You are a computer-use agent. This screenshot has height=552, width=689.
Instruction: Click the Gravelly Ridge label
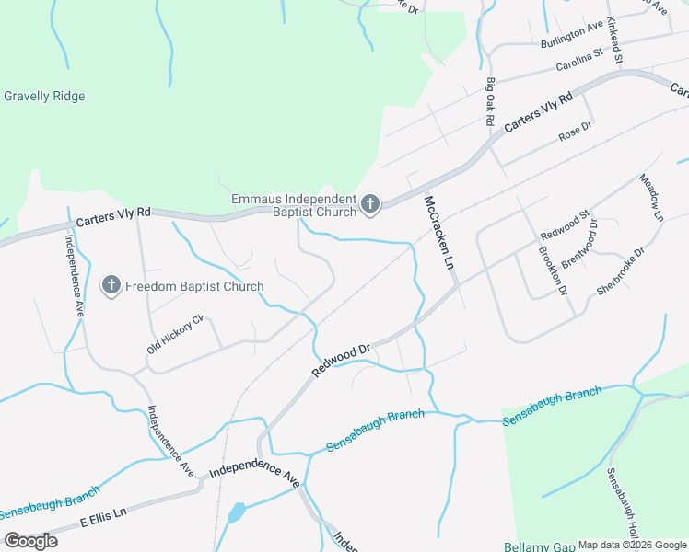pyautogui.click(x=44, y=97)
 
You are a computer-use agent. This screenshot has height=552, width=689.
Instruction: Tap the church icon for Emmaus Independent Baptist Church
pyautogui.click(x=370, y=204)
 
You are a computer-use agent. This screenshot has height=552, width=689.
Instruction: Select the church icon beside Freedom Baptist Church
pyautogui.click(x=111, y=286)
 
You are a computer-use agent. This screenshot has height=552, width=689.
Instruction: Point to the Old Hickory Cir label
pyautogui.click(x=174, y=336)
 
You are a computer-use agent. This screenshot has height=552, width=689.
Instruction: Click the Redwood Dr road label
pyautogui.click(x=340, y=360)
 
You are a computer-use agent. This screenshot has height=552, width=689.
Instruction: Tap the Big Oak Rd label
pyautogui.click(x=490, y=102)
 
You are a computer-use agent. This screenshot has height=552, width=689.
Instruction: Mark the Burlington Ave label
pyautogui.click(x=572, y=34)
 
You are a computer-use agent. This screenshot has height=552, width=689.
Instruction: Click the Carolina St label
pyautogui.click(x=578, y=60)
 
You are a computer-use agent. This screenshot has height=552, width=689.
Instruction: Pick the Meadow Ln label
pyautogui.click(x=651, y=199)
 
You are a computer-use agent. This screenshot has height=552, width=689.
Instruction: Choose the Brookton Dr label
pyautogui.click(x=551, y=270)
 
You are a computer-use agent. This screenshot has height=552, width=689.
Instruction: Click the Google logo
pyautogui.click(x=30, y=541)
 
